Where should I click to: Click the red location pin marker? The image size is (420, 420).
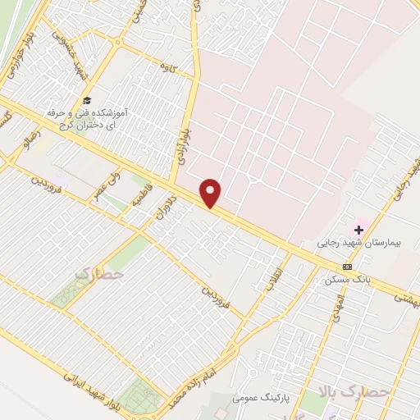212,193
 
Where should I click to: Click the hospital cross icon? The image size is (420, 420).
358,230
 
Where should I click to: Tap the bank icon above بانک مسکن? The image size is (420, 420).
348,267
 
